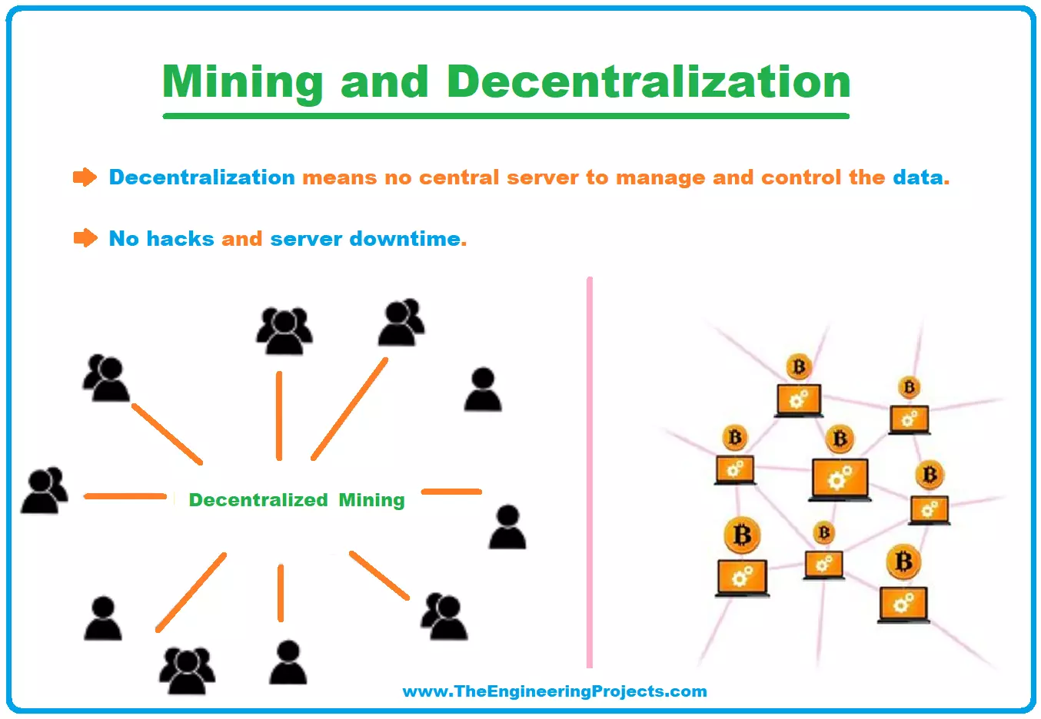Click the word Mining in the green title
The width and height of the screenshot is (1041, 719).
click(242, 81)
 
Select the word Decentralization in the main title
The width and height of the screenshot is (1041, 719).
click(648, 81)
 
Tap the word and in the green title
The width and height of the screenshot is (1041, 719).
click(384, 81)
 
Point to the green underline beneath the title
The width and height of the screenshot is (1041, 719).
click(506, 116)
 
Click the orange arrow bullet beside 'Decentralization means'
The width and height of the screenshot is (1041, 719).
click(85, 177)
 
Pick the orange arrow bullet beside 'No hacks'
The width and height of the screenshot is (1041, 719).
click(85, 238)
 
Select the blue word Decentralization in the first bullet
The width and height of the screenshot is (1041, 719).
click(201, 177)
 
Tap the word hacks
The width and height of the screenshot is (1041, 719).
click(180, 239)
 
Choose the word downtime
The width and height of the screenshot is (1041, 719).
click(404, 239)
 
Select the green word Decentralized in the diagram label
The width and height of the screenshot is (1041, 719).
click(258, 500)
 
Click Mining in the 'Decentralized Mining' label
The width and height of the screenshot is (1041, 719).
click(371, 500)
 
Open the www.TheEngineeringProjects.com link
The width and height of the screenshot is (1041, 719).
click(554, 691)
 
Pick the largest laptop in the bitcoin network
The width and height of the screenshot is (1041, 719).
click(840, 479)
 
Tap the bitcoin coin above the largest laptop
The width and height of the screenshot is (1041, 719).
click(840, 439)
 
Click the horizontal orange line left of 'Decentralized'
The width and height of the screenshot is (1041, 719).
click(125, 496)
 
